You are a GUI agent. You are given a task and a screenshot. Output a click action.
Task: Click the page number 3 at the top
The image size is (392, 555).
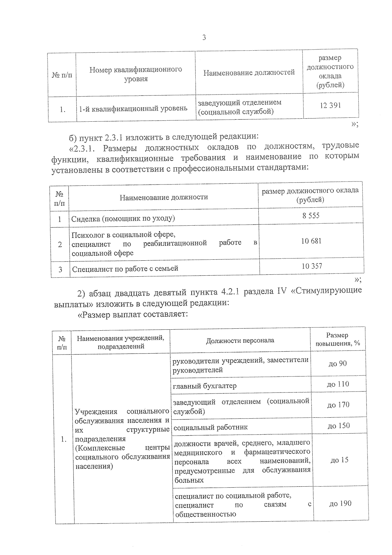[204, 38]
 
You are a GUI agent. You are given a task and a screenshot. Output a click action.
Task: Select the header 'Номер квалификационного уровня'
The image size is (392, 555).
[136, 74]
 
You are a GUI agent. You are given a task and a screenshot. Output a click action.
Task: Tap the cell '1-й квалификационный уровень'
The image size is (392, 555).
[133, 108]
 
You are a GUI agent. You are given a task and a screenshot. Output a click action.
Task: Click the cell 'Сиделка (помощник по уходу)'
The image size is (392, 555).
[123, 218]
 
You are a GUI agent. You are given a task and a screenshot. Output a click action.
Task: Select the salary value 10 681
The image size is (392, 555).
[311, 241]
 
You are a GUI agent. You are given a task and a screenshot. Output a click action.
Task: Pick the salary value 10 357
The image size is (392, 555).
[312, 266]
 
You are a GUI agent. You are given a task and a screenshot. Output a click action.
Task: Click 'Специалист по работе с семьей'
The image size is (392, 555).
[125, 269]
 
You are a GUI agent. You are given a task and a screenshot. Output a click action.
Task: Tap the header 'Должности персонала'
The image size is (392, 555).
[240, 340]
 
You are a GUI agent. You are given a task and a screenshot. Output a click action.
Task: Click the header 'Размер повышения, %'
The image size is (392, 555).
[337, 339]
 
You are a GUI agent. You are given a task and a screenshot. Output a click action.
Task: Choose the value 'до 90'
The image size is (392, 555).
[337, 363]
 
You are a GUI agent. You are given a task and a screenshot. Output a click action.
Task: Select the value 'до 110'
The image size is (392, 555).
[338, 384]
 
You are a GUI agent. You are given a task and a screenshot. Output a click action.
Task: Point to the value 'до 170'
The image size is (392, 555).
[338, 405]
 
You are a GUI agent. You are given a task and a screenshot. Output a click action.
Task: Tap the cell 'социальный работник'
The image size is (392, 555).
[210, 427]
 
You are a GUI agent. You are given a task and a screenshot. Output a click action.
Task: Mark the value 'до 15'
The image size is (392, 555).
[339, 460]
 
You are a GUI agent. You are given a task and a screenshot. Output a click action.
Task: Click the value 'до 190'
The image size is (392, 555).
[340, 504]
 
